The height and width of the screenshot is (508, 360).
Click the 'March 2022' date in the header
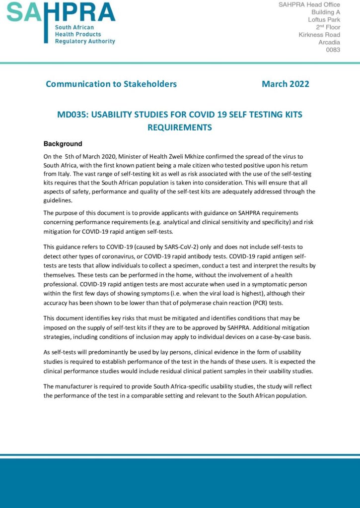(x=285, y=84)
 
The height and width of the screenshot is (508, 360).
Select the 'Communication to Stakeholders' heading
(x=111, y=84)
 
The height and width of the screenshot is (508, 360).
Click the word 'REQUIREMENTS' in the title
(x=180, y=127)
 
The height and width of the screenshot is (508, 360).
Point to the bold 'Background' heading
(x=63, y=144)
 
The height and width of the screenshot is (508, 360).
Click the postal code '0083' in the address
(x=333, y=50)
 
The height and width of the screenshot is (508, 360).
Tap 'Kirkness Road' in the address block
(x=319, y=35)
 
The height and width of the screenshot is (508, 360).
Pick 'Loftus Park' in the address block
(x=324, y=19)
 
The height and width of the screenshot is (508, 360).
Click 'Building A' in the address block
(x=326, y=12)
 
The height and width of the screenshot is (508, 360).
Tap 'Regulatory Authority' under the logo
(x=84, y=42)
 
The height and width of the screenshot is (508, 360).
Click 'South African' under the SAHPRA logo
(x=73, y=27)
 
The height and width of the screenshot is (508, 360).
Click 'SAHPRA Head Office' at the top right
(x=309, y=4)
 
